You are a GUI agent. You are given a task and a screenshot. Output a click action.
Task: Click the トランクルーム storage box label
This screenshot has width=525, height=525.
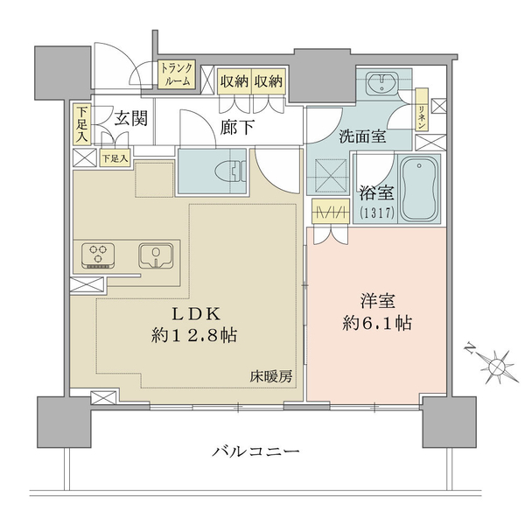[177, 74]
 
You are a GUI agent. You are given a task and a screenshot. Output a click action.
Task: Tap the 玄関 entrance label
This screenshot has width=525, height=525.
[131, 118]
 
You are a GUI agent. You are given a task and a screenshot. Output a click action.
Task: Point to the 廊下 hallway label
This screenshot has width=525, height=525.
[237, 127]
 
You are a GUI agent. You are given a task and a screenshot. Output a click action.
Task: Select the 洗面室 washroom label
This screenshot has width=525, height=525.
[362, 136]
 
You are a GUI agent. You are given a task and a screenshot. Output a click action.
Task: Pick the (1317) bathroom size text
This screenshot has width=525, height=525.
[377, 212]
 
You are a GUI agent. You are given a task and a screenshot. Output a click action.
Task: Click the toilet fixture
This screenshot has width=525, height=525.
[230, 171]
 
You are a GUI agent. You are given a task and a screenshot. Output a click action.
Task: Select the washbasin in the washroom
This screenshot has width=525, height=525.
[381, 83]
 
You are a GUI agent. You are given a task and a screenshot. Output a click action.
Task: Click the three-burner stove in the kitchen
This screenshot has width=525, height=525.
[98, 255]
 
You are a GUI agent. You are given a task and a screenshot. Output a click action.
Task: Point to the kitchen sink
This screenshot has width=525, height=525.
[157, 255]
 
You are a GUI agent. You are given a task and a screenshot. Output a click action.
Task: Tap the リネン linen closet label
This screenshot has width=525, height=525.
[422, 109]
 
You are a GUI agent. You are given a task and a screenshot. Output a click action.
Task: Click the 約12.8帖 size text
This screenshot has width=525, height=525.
[194, 335]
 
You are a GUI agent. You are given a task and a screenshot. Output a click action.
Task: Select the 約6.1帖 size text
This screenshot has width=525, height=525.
[377, 323]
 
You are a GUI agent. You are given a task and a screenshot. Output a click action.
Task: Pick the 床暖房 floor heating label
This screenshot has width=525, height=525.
[271, 377]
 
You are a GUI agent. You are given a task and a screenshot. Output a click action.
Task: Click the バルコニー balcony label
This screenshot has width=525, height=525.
[256, 451]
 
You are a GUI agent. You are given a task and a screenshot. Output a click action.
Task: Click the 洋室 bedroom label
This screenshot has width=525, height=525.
[377, 301]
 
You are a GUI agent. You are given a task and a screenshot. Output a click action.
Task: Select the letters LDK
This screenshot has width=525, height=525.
[196, 314]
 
